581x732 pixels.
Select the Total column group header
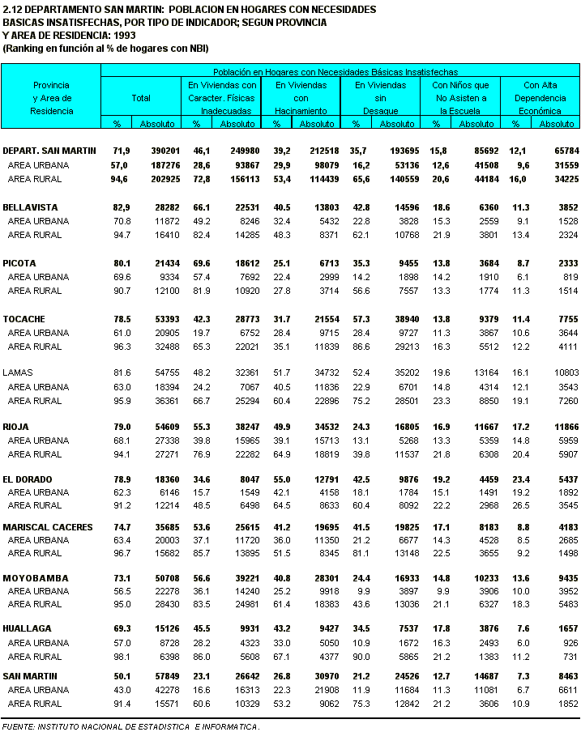(141, 98)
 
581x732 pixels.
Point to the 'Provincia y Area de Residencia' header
(51, 98)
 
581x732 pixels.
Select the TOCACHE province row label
(24, 319)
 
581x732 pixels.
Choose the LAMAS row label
(18, 372)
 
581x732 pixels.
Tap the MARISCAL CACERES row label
(48, 527)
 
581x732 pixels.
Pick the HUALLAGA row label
(27, 628)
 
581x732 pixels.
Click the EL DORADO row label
(28, 479)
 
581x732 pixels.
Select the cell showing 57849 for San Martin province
(165, 675)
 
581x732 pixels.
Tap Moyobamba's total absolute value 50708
(165, 578)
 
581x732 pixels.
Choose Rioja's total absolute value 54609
(165, 426)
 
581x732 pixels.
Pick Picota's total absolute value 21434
(165, 263)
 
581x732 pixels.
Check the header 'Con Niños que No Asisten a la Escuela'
(460, 98)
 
